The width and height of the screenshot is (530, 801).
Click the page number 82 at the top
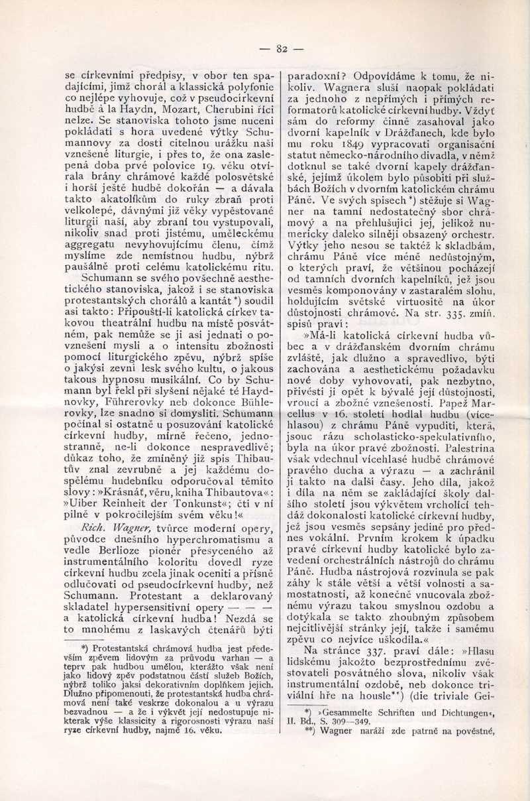pyautogui.click(x=280, y=48)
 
